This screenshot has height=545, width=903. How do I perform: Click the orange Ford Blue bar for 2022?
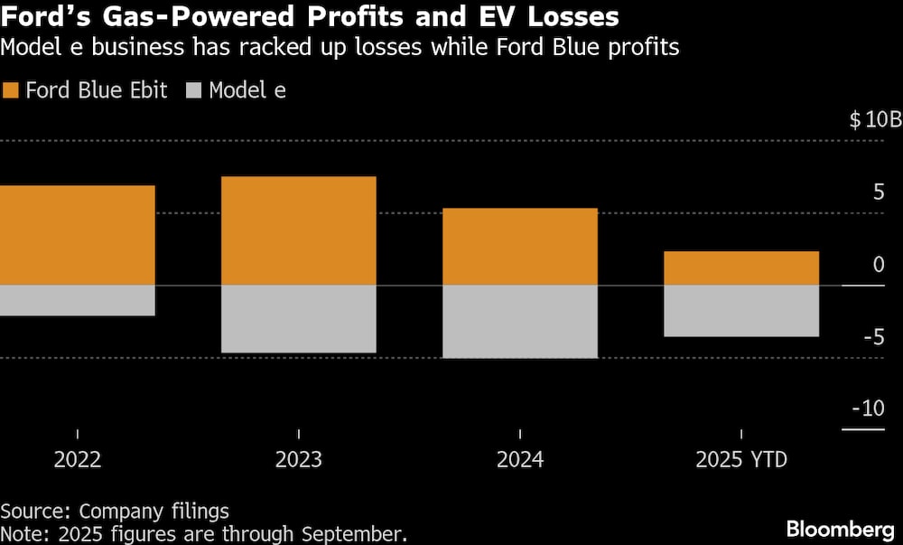tap(78, 235)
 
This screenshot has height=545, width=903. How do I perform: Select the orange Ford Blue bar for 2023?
tap(299, 230)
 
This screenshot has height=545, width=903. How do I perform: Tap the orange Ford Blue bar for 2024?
tap(520, 247)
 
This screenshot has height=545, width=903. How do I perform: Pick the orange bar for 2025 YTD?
tap(741, 268)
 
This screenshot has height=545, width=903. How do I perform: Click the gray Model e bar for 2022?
tap(78, 301)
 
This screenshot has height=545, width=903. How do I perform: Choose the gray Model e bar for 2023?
tap(299, 319)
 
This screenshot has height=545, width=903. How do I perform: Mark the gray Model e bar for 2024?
tap(520, 322)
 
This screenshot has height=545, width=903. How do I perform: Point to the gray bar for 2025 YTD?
tap(741, 311)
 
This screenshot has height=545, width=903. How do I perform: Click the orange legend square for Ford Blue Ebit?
tap(11, 90)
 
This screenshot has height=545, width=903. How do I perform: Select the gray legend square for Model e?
tap(193, 90)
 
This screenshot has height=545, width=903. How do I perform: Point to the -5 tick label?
tap(873, 337)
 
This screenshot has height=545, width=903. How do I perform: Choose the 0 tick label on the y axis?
tap(879, 265)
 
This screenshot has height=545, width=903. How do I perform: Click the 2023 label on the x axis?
tap(299, 460)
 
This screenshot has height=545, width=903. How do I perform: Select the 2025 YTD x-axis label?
tap(741, 460)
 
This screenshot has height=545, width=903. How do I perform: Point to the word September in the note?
tap(357, 533)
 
